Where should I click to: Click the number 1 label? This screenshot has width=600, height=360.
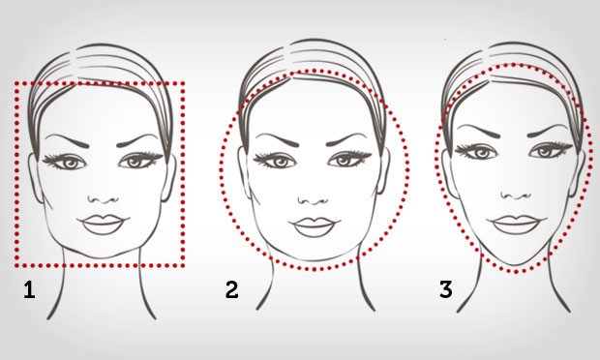(x=29, y=288)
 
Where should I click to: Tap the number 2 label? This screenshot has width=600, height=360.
(x=231, y=288)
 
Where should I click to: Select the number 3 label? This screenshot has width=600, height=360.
(x=445, y=288)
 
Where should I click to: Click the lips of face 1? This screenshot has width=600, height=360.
(x=102, y=224)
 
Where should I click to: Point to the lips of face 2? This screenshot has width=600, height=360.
(x=314, y=226)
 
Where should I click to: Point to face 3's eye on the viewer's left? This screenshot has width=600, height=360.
(x=479, y=151)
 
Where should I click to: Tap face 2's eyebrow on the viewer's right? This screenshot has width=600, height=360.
(x=349, y=137)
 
